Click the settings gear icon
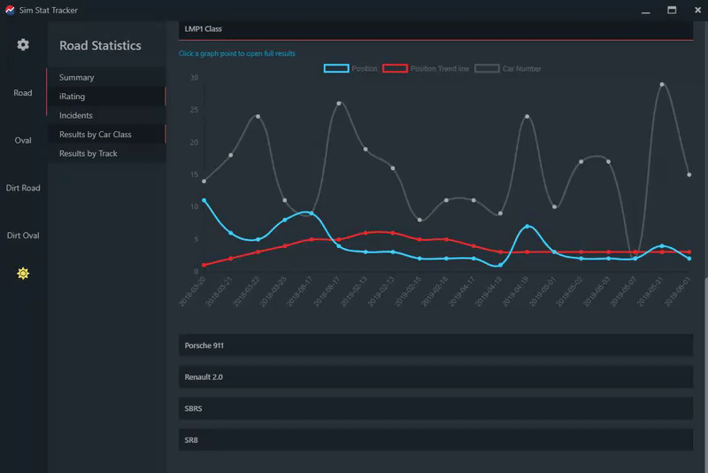tap(23, 45)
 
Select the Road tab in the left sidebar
tap(23, 93)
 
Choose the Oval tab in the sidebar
tap(23, 141)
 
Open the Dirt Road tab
tap(23, 188)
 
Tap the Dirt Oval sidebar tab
tap(23, 236)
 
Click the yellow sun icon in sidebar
tap(23, 273)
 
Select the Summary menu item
tap(77, 78)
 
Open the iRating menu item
tap(73, 97)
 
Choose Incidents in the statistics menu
tap(76, 115)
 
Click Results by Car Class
tap(96, 135)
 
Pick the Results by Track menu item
tap(88, 153)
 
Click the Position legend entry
tap(351, 68)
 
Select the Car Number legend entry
tap(508, 68)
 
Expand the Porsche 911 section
tap(435, 345)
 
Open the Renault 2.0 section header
tap(435, 376)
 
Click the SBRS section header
tap(435, 408)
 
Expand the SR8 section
tap(435, 440)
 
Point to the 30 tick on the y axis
tap(194, 78)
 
